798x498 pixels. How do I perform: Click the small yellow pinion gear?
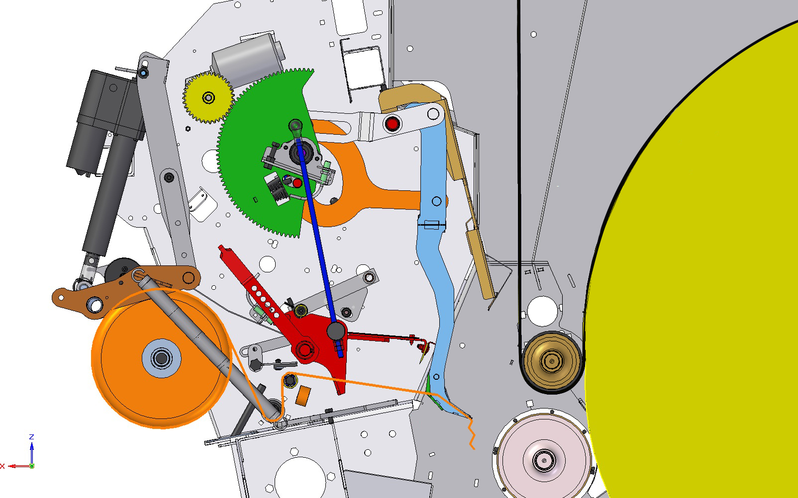(x=208, y=97)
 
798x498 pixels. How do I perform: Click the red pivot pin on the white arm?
(x=392, y=124)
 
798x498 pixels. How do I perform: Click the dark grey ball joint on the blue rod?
(x=336, y=331)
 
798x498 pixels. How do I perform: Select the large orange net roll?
(x=161, y=358)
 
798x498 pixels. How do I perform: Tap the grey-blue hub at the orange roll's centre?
(x=161, y=358)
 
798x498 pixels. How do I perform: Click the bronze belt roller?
(x=551, y=361)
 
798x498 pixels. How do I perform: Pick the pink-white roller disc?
(x=544, y=460)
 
